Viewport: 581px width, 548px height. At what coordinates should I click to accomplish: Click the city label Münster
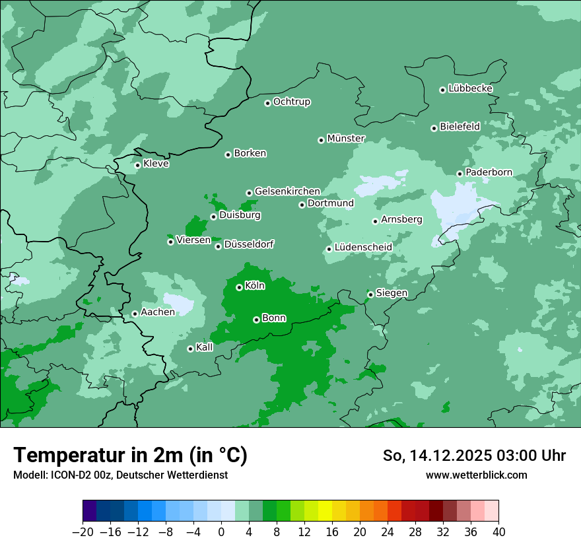(346, 139)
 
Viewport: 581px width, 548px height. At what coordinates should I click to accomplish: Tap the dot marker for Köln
(239, 287)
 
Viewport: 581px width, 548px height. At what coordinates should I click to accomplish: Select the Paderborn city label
(489, 172)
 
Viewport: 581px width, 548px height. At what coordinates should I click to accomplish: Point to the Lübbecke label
(470, 88)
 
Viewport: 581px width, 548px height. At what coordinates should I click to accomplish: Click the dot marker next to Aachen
(135, 314)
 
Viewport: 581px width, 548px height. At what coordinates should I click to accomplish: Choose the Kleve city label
(156, 164)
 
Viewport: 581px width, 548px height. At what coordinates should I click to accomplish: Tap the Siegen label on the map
(392, 293)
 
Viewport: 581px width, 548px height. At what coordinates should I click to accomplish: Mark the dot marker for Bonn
(256, 320)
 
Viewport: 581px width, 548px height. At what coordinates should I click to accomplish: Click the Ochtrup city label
(291, 102)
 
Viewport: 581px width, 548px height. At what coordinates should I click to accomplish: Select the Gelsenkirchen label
(287, 191)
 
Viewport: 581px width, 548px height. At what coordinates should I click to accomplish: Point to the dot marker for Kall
(190, 349)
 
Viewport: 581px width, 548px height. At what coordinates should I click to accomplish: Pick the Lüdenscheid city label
(363, 248)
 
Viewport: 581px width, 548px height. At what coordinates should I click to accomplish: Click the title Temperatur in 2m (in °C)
(130, 455)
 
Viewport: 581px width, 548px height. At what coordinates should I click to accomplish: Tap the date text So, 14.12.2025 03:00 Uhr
(474, 456)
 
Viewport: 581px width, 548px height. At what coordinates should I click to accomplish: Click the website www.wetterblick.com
(476, 475)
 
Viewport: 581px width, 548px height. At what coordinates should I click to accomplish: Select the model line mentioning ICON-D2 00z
(120, 475)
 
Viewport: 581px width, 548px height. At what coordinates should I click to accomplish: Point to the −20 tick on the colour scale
(83, 532)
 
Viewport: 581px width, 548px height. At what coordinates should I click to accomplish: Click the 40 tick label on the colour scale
(498, 532)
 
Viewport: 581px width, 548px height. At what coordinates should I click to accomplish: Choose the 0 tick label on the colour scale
(221, 532)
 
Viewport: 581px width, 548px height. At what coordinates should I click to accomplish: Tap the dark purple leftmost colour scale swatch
(89, 511)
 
